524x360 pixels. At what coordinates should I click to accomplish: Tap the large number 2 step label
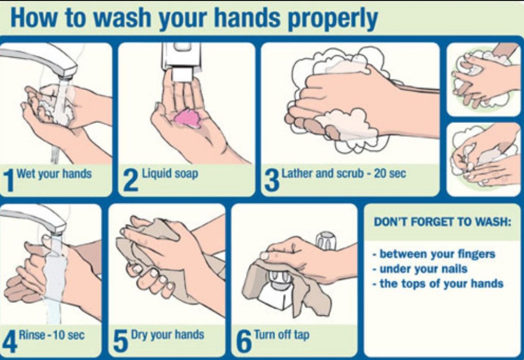pyautogui.click(x=130, y=180)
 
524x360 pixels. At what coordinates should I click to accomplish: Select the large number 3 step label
pyautogui.click(x=272, y=180)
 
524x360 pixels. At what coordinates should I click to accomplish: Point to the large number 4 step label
pyautogui.click(x=9, y=341)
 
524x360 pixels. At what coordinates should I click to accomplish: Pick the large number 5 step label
pyautogui.click(x=120, y=341)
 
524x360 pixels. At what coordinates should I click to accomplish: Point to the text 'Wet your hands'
pyautogui.click(x=54, y=174)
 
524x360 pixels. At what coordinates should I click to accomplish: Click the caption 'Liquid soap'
pyautogui.click(x=170, y=174)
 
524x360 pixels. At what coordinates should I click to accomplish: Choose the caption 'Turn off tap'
pyautogui.click(x=282, y=335)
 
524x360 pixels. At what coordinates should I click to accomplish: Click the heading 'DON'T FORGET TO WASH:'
pyautogui.click(x=443, y=222)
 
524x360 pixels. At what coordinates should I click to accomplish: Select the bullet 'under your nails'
pyautogui.click(x=421, y=269)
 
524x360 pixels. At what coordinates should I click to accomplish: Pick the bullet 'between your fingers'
pyautogui.click(x=434, y=254)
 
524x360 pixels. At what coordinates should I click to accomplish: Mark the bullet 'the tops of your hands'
pyautogui.click(x=438, y=284)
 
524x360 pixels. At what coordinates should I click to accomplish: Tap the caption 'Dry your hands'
pyautogui.click(x=167, y=335)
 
